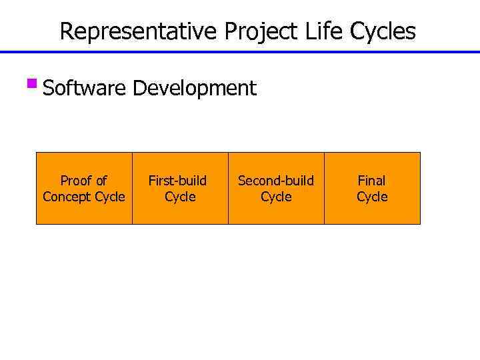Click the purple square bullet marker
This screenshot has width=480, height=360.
click(31, 85)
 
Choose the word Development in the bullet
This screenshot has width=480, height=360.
click(194, 88)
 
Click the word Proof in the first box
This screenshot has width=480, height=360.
click(75, 181)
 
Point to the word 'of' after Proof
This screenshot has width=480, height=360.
click(100, 181)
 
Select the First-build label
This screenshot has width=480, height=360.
click(177, 181)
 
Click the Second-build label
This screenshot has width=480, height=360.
click(276, 181)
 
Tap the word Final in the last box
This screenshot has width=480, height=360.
click(372, 181)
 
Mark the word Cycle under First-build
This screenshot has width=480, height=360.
click(180, 197)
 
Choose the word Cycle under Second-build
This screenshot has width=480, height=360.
click(276, 197)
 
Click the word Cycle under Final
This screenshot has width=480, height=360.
click(372, 197)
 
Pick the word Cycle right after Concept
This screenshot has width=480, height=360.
click(109, 197)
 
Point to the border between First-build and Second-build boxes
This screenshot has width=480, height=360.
click(229, 188)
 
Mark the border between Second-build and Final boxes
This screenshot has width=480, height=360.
click(325, 188)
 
